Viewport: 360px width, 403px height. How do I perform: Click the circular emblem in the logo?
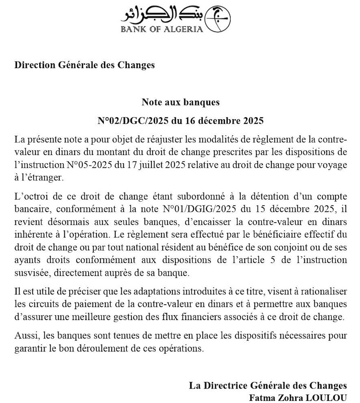[218, 19]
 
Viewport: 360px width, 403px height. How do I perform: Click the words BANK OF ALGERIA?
[162, 29]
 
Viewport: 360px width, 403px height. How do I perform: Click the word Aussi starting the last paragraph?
[24, 336]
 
